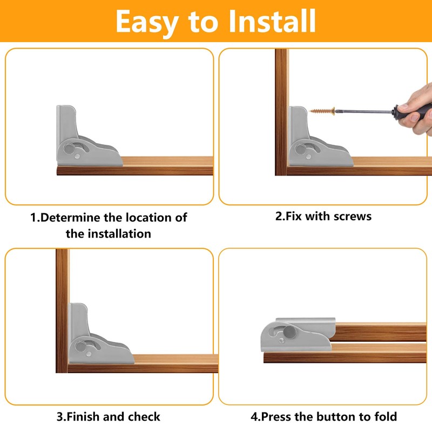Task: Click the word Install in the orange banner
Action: tap(272, 21)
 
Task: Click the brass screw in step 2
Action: tap(322, 111)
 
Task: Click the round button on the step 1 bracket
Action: tap(69, 149)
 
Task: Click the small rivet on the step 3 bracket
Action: tap(89, 354)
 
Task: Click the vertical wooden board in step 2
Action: tap(281, 112)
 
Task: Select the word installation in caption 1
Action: tap(119, 234)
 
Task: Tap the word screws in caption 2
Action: tap(353, 217)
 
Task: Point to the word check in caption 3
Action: tap(144, 416)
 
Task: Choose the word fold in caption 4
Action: tap(386, 416)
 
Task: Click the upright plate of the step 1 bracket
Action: tap(66, 121)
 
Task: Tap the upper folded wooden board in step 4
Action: tap(380, 332)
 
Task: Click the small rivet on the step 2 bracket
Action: tap(308, 157)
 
